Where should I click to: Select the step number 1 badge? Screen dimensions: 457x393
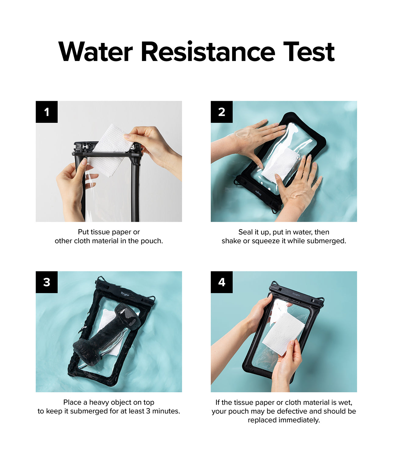click(x=47, y=112)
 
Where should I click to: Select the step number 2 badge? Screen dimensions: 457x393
click(x=221, y=112)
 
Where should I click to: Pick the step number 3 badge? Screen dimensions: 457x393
click(x=47, y=282)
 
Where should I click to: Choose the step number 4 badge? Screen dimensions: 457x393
click(x=221, y=282)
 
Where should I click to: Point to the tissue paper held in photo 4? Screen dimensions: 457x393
click(x=283, y=334)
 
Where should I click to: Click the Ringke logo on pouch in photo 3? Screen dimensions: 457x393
click(x=125, y=294)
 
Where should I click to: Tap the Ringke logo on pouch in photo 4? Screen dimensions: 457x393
click(x=296, y=294)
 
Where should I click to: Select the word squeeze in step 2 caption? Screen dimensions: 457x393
click(x=262, y=241)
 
